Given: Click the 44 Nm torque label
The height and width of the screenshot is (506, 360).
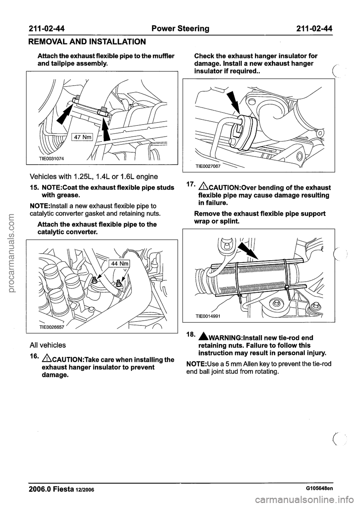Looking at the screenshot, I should coord(119,264).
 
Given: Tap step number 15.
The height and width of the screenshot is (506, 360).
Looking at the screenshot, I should coord(30,187).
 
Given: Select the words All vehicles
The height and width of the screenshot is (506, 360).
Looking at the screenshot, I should coord(47,345).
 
